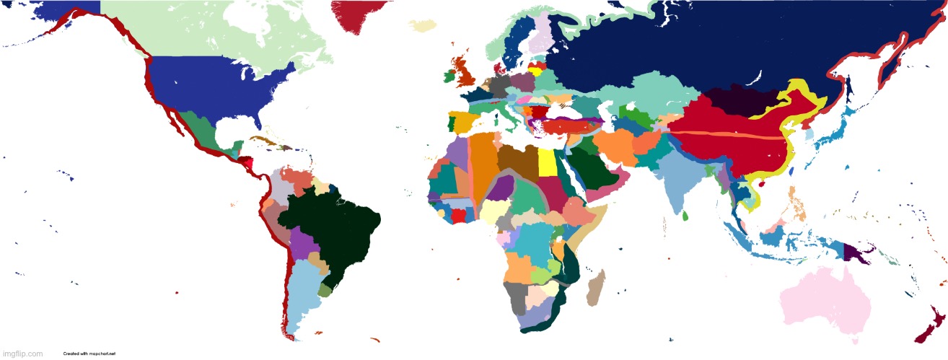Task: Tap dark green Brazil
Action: [332, 231]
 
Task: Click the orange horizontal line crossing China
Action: [729, 135]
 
